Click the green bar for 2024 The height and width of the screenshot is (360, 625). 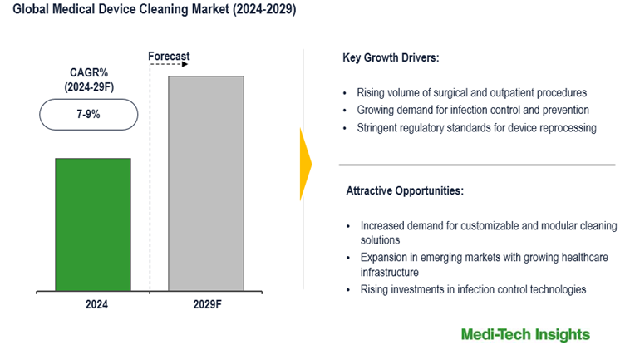(93, 224)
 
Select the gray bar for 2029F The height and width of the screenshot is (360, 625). (206, 183)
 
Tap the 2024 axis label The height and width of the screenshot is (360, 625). (96, 305)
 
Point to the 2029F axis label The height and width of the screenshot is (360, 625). (206, 305)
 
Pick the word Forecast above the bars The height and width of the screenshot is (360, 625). (169, 57)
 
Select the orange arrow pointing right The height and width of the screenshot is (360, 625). (305, 164)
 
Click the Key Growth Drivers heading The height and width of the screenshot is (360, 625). (391, 59)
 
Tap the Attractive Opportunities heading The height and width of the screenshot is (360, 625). (405, 190)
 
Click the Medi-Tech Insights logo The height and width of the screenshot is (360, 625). (525, 334)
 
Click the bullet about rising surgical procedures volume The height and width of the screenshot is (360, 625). (471, 92)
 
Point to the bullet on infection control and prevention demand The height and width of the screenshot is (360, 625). (473, 110)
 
